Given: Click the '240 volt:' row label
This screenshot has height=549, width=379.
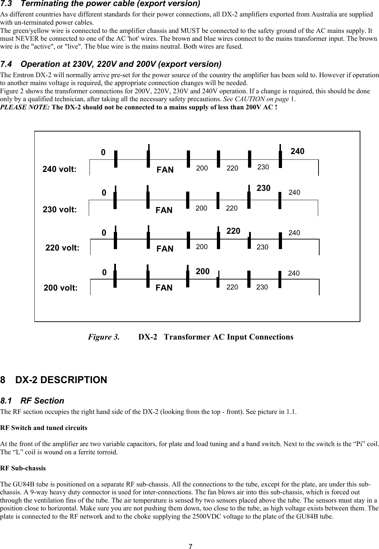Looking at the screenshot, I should [59, 169].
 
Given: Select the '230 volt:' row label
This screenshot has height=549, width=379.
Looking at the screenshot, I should [59, 210].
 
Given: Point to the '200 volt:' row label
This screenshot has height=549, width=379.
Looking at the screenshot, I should [60, 288].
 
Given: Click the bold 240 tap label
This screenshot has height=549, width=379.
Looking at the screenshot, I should [297, 151].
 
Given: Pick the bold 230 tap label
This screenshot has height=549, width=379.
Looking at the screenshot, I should [263, 188].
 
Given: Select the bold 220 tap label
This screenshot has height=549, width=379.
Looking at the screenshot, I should [233, 231].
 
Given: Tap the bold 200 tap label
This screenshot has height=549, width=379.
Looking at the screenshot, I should [203, 271].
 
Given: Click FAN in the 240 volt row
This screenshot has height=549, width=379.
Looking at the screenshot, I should [165, 170].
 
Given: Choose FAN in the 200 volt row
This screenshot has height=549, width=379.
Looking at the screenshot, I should [164, 288].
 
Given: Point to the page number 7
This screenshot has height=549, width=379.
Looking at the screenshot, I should [191, 546].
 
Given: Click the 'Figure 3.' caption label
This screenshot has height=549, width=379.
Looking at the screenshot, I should [104, 337].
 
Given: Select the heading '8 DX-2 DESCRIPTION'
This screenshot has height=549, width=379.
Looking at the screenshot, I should [54, 380].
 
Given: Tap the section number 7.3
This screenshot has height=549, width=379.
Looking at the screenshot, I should [7, 4].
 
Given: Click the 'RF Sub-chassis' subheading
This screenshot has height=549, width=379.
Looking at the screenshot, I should [23, 468].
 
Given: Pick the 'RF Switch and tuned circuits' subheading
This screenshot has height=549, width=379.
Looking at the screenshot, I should [43, 427].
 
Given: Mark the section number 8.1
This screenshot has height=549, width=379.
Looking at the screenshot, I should [7, 401].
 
